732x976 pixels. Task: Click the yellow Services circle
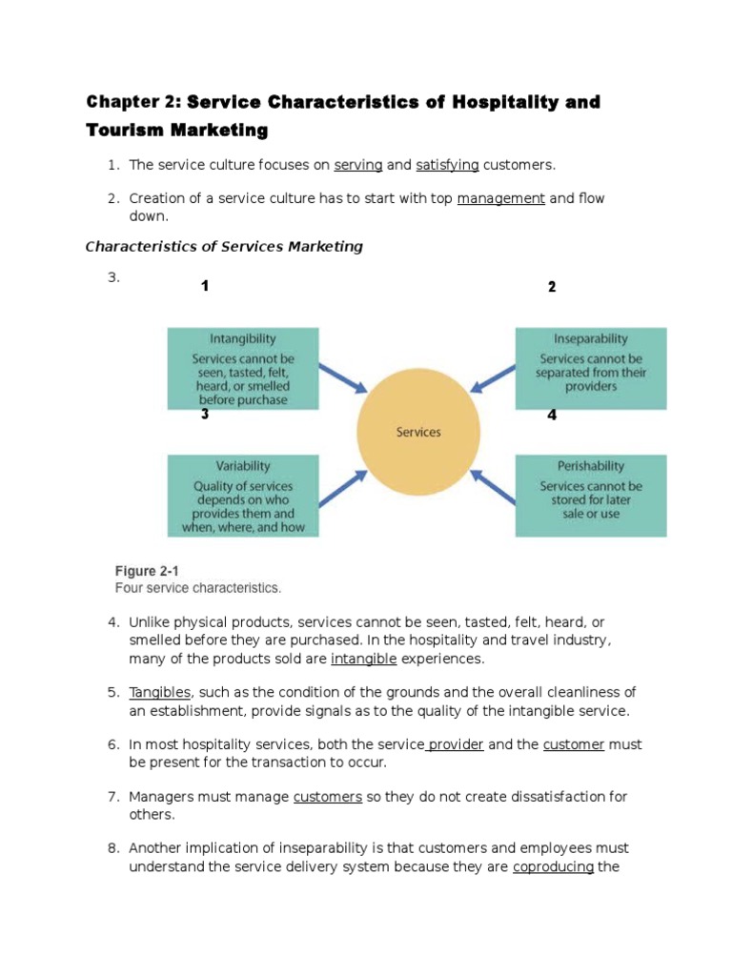pos(418,432)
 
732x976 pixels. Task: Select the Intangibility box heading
pos(243,338)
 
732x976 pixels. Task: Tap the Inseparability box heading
pos(591,338)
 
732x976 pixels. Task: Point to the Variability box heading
pos(243,466)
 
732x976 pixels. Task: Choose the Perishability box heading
pos(591,466)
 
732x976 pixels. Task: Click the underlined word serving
pos(358,165)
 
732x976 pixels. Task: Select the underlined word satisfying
pos(447,165)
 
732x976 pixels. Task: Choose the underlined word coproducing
pos(554,866)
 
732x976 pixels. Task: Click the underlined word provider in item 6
pos(456,744)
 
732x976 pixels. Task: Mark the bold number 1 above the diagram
pos(205,286)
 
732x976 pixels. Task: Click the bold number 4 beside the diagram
pos(552,415)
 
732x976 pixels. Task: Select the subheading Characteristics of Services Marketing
pos(224,247)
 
